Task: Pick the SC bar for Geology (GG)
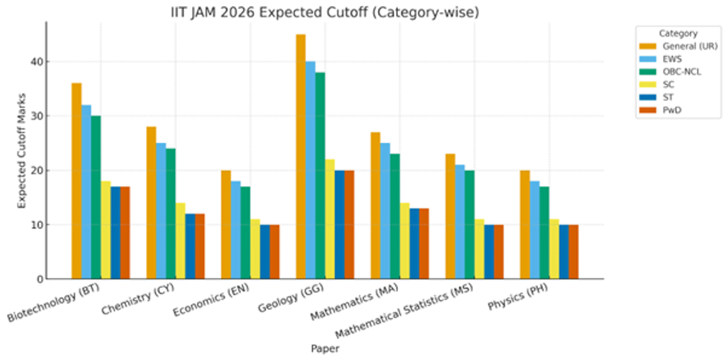click(x=330, y=219)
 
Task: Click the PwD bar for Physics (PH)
click(x=573, y=252)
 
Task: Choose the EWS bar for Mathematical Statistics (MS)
click(x=460, y=222)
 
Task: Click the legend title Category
click(x=678, y=33)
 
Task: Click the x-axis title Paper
click(x=325, y=348)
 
